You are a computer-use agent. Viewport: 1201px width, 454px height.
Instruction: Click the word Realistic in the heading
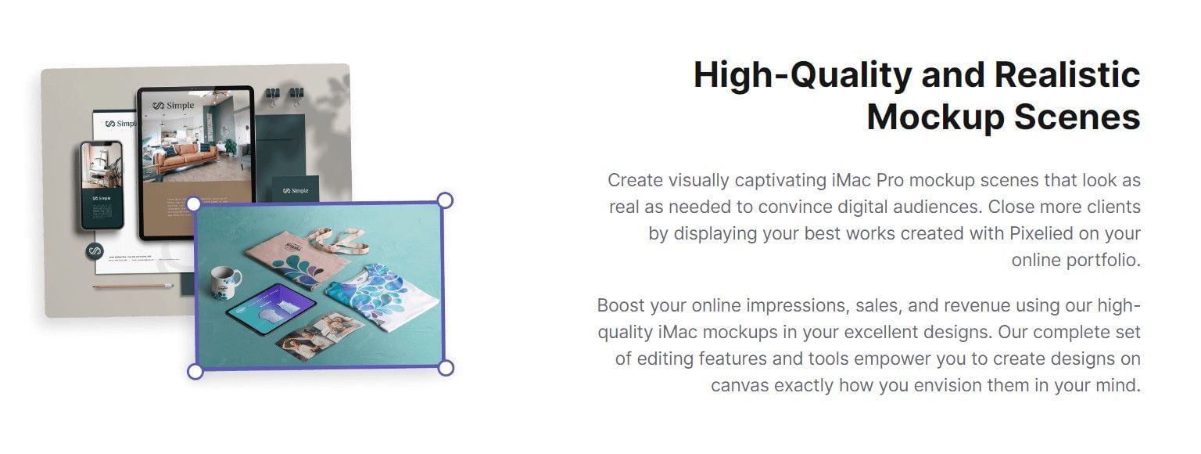(x=1067, y=75)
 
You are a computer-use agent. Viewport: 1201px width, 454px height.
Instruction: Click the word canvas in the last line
(x=740, y=385)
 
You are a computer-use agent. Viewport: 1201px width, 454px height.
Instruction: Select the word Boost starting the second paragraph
(x=623, y=305)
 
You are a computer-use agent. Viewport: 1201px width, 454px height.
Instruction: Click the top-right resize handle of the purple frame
(x=444, y=200)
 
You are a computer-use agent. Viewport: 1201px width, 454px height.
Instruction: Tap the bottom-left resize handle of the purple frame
(x=195, y=371)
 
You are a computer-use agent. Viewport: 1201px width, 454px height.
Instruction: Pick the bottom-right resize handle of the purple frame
(x=445, y=368)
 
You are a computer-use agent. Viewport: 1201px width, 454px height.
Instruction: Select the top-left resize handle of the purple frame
(x=193, y=204)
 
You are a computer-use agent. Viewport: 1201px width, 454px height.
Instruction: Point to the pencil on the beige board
(x=133, y=286)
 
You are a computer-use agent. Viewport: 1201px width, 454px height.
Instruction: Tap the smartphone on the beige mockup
(x=102, y=186)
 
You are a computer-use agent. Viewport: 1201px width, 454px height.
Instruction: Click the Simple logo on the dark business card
(x=296, y=190)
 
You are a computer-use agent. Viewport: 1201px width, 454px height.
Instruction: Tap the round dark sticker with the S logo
(x=95, y=251)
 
